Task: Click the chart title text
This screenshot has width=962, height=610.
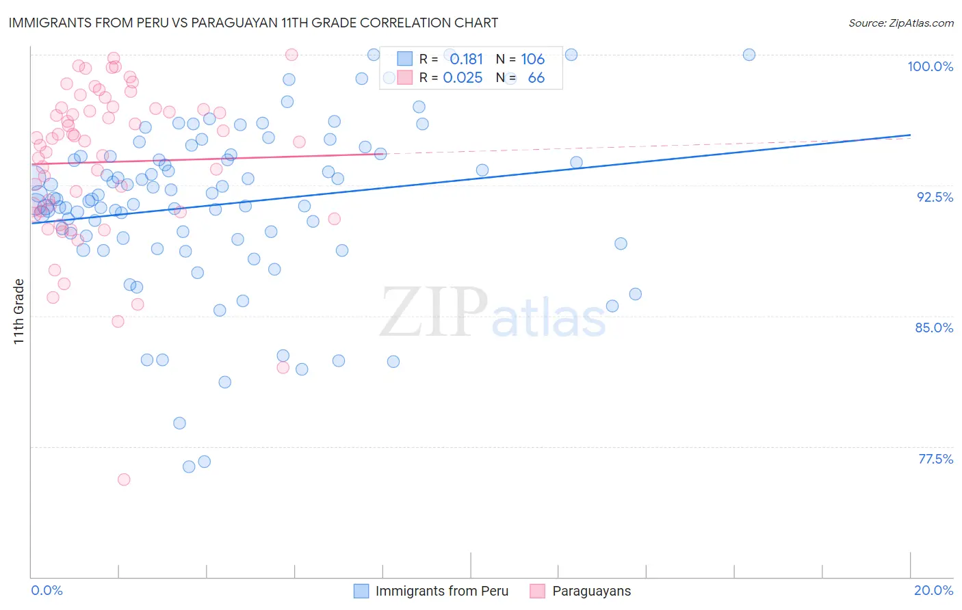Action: click(x=253, y=23)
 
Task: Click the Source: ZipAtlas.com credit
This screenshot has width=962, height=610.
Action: click(x=900, y=23)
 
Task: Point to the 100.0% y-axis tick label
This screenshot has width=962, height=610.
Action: click(x=930, y=66)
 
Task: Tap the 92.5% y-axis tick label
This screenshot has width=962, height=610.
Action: click(x=935, y=197)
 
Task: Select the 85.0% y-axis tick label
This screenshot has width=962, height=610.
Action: click(x=934, y=328)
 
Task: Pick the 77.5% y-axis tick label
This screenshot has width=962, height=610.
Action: click(x=935, y=459)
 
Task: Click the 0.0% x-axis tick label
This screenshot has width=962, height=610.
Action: click(x=47, y=590)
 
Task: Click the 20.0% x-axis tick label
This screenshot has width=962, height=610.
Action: click(x=933, y=590)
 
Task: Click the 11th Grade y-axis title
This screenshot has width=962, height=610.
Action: click(x=19, y=311)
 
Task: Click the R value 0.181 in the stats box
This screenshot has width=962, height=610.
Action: click(x=466, y=59)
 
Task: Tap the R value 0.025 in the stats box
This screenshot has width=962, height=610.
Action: click(x=463, y=78)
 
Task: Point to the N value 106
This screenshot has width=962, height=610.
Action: click(x=532, y=59)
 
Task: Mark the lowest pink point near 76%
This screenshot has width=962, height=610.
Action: click(x=124, y=479)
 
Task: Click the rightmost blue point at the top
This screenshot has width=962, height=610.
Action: click(x=749, y=55)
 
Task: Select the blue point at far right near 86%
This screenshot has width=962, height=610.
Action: click(x=635, y=294)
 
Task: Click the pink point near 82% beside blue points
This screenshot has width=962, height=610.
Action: click(x=283, y=367)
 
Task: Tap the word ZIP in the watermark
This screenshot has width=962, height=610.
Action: click(x=434, y=312)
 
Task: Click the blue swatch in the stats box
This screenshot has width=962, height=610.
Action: click(x=405, y=59)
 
